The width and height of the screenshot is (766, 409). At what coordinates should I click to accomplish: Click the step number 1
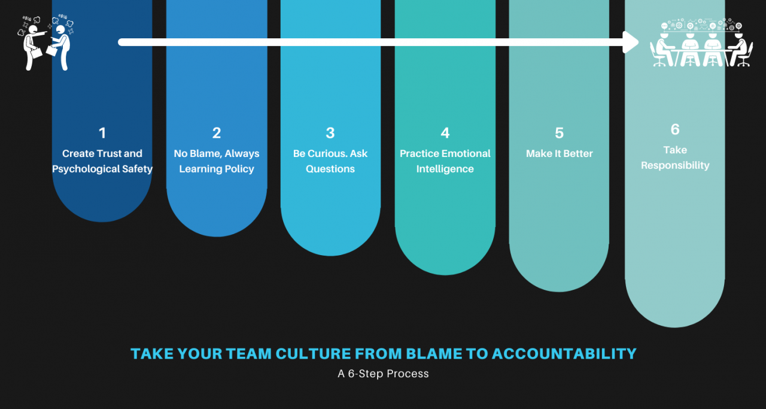click(102, 133)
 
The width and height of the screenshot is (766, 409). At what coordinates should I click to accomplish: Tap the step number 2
click(217, 133)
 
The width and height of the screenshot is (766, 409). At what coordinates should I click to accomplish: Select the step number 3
click(330, 133)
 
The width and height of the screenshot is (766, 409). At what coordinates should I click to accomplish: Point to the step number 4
click(445, 133)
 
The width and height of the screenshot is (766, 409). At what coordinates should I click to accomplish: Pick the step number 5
click(559, 133)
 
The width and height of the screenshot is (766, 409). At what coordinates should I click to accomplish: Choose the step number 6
click(675, 129)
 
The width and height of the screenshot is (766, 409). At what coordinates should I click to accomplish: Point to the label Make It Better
click(559, 154)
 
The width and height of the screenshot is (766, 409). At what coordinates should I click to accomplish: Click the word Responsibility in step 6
click(675, 165)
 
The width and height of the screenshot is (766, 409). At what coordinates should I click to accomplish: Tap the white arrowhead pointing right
click(631, 42)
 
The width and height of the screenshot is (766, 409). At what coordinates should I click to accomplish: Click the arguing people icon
click(47, 43)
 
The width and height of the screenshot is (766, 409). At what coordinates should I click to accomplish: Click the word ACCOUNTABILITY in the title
click(564, 354)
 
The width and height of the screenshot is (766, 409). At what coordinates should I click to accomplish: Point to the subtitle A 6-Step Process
click(383, 374)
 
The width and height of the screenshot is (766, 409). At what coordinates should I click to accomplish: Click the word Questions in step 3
click(330, 169)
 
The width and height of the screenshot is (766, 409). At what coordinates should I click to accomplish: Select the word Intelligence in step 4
click(445, 169)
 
